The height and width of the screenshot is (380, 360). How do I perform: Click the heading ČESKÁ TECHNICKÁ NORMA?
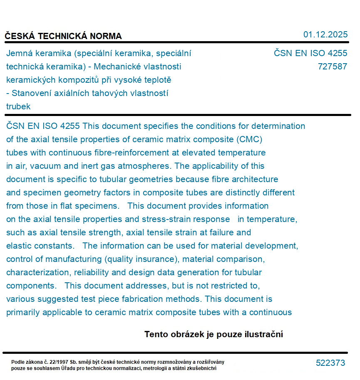63,36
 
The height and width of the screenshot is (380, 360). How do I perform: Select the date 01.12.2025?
325,35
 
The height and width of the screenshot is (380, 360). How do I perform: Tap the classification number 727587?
332,67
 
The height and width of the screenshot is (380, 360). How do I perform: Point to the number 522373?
330,363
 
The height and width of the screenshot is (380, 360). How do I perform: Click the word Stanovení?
30,93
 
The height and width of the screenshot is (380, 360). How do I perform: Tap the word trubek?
18,106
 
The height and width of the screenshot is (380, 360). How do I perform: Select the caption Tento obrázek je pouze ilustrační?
214,334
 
